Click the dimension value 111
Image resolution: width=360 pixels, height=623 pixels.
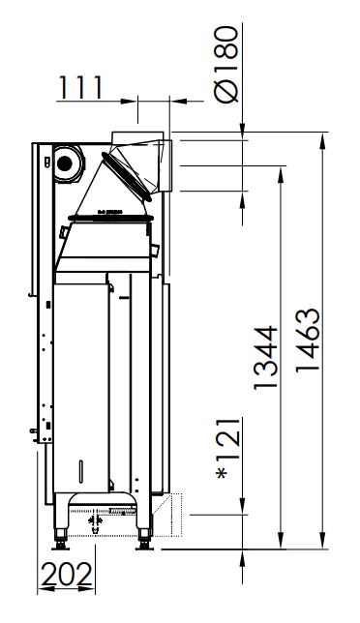pyautogui.click(x=80, y=87)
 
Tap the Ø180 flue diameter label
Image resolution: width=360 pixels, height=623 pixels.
pyautogui.click(x=226, y=65)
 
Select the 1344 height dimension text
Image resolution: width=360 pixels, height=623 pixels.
pyautogui.click(x=265, y=358)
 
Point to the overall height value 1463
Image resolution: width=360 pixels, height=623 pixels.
pyautogui.click(x=308, y=340)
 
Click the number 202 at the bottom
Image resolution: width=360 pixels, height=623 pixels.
pyautogui.click(x=67, y=575)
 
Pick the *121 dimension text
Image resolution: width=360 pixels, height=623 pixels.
pyautogui.click(x=229, y=448)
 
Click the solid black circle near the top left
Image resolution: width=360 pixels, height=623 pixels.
pyautogui.click(x=65, y=163)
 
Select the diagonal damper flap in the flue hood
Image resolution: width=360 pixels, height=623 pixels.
pyautogui.click(x=127, y=177)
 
